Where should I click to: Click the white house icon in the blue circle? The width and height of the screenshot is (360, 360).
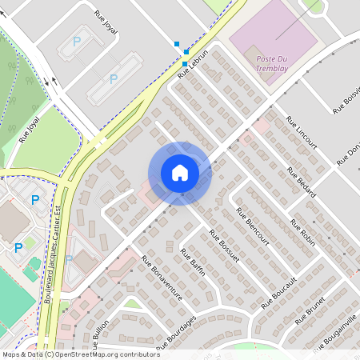(179, 172)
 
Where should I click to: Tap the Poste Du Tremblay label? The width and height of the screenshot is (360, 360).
(274, 64)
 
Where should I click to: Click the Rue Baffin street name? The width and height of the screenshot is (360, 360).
(194, 262)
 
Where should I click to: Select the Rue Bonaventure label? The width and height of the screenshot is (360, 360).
(162, 278)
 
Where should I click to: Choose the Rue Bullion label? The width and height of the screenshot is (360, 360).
(99, 337)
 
